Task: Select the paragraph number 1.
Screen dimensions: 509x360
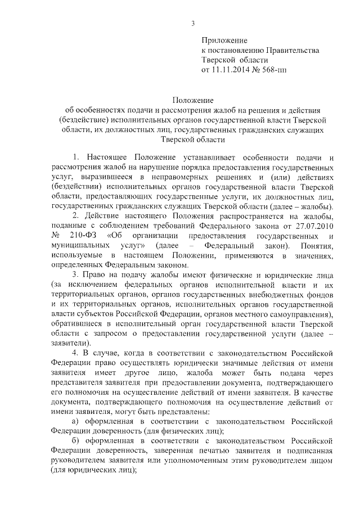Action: pos(76,155)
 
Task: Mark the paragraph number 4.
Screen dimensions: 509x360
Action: pos(76,353)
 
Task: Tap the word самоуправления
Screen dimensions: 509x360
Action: pos(300,317)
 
